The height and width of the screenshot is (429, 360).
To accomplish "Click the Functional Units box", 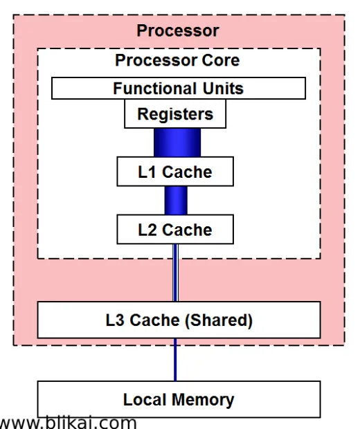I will [x=179, y=88].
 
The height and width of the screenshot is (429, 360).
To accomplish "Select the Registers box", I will [x=175, y=114].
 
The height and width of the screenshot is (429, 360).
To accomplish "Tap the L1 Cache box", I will [x=175, y=172].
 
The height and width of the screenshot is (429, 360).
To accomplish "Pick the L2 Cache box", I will [x=175, y=229].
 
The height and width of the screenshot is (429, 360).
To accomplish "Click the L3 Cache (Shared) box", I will [x=179, y=320].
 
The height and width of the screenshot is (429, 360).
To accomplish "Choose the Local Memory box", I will [x=179, y=399].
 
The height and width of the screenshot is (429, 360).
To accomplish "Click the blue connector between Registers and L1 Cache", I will [x=177, y=143].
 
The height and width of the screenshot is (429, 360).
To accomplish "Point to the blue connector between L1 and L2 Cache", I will [x=176, y=200].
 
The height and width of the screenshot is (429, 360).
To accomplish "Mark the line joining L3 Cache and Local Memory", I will [x=175, y=359].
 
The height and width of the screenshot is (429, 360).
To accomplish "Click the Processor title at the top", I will [x=177, y=30].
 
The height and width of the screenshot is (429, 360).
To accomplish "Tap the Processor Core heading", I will [x=177, y=60].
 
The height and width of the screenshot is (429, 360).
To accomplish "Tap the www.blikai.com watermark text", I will [x=68, y=422].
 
